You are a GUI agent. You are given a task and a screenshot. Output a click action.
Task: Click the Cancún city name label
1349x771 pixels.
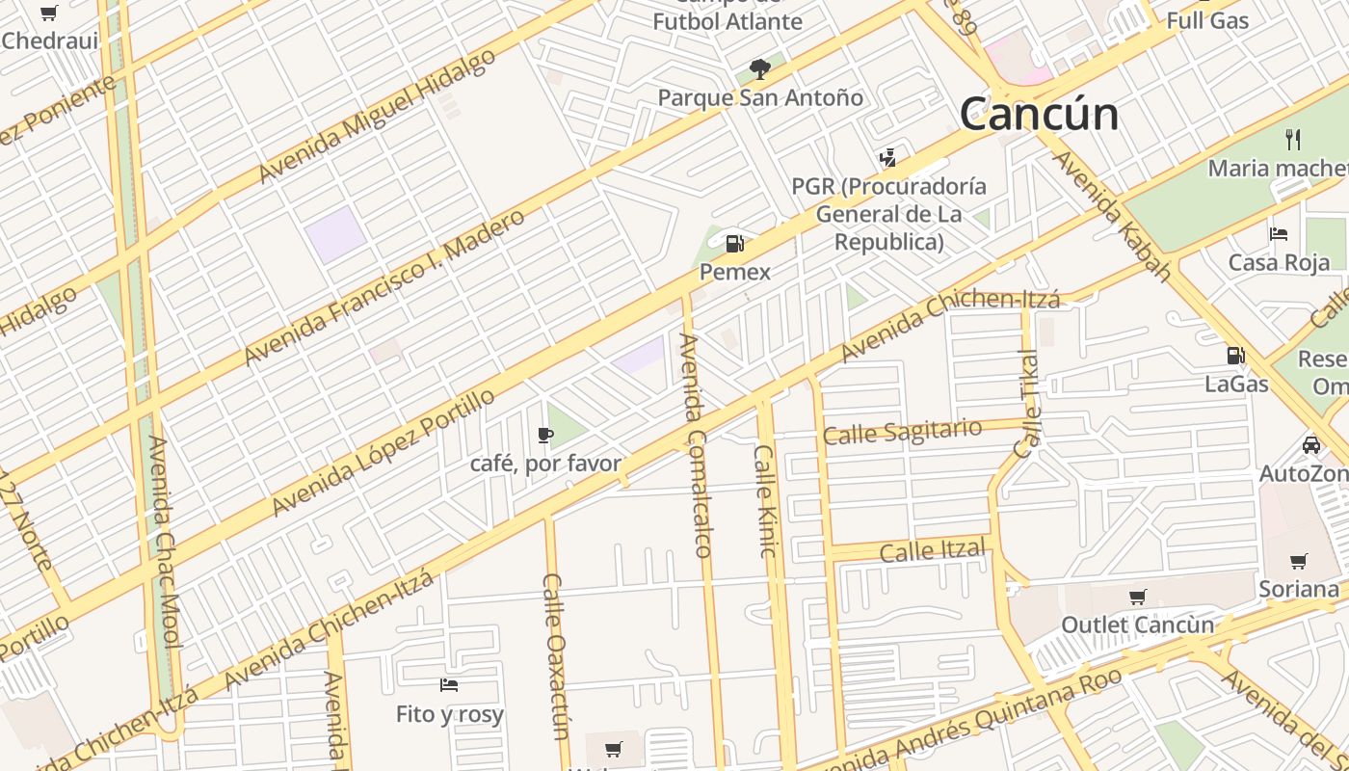tap(1039, 114)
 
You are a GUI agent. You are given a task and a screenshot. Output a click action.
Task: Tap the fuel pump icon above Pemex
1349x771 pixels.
tap(735, 244)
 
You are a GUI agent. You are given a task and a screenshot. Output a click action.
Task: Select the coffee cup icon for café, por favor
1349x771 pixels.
tap(545, 436)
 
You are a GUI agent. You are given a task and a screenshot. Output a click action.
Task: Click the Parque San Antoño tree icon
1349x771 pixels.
tap(760, 68)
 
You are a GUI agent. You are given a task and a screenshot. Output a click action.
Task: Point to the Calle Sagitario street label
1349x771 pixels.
tap(903, 432)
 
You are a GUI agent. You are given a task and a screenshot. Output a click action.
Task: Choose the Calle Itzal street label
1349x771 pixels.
tap(933, 550)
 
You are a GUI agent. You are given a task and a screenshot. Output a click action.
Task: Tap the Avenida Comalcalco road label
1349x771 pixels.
tap(696, 445)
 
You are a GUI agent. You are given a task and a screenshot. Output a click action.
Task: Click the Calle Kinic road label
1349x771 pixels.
tap(765, 500)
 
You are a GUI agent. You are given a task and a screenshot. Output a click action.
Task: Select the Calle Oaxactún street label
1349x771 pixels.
tap(556, 655)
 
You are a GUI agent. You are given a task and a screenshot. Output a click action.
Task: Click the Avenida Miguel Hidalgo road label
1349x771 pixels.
tap(377, 115)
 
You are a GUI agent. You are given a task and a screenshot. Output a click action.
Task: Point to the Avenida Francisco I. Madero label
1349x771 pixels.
tap(384, 286)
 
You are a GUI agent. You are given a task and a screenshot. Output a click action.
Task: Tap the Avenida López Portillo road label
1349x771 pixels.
tap(384, 452)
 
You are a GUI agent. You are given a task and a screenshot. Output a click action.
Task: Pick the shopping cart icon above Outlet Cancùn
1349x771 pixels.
tap(1138, 597)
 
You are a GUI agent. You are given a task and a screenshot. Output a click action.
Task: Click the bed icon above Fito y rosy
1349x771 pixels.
tap(449, 685)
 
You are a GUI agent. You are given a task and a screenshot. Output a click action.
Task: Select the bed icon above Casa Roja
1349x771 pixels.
tap(1279, 234)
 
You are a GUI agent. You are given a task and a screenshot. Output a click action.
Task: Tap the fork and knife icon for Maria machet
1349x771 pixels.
tap(1293, 140)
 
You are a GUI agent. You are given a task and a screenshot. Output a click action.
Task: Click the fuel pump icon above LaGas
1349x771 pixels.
tap(1235, 356)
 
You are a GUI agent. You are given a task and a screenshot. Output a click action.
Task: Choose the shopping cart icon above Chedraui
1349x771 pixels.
tap(48, 13)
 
